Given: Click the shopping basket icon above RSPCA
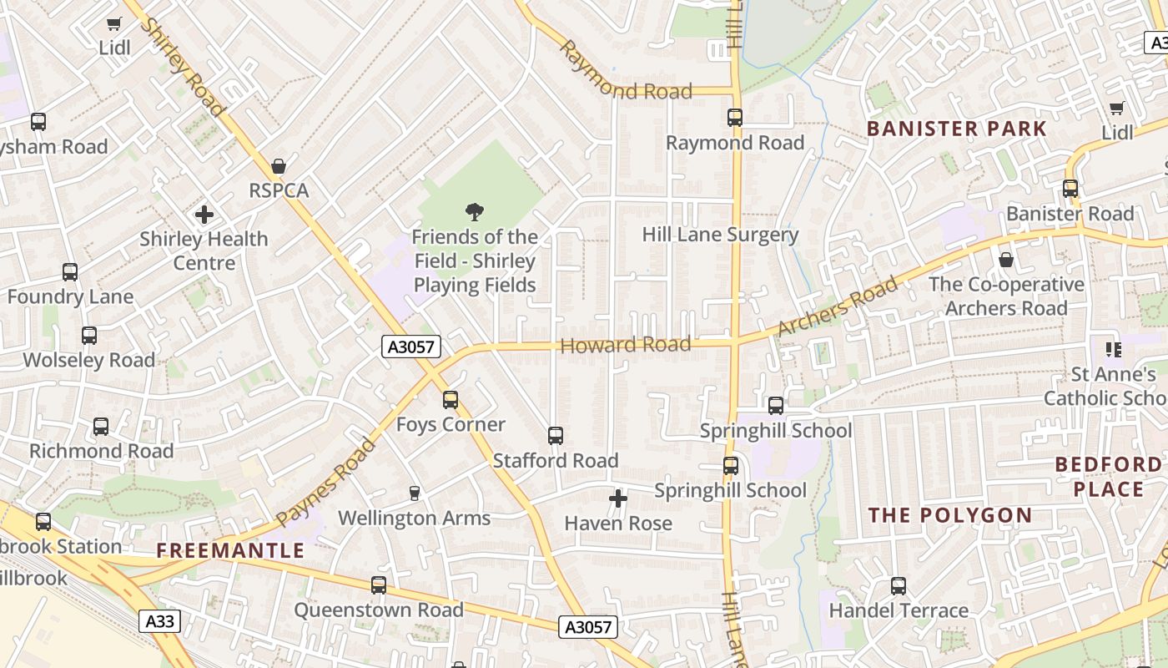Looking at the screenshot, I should pyautogui.click(x=279, y=166).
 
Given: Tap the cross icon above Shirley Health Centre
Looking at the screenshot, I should pyautogui.click(x=204, y=215).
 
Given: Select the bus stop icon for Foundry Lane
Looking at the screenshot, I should pyautogui.click(x=70, y=272).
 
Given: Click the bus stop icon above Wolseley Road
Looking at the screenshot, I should pyautogui.click(x=89, y=336).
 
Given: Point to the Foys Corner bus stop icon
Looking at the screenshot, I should pyautogui.click(x=451, y=400).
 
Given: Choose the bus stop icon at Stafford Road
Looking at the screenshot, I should pyautogui.click(x=556, y=436).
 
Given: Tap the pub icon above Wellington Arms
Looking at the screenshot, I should pyautogui.click(x=415, y=493).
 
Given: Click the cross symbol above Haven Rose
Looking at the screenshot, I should pyautogui.click(x=618, y=499).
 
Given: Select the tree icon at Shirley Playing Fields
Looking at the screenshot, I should pyautogui.click(x=475, y=212).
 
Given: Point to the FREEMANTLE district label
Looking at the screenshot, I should pyautogui.click(x=231, y=550).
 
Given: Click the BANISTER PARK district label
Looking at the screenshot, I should pyautogui.click(x=956, y=129).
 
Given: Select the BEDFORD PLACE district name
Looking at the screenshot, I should pyautogui.click(x=1108, y=477).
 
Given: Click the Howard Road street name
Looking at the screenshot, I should pyautogui.click(x=626, y=344).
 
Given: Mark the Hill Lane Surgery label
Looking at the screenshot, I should pyautogui.click(x=720, y=235).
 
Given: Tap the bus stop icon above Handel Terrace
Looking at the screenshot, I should pyautogui.click(x=899, y=586).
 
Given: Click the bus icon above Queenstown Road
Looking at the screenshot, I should pyautogui.click(x=379, y=585).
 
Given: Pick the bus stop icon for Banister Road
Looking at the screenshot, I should pyautogui.click(x=1070, y=189).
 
